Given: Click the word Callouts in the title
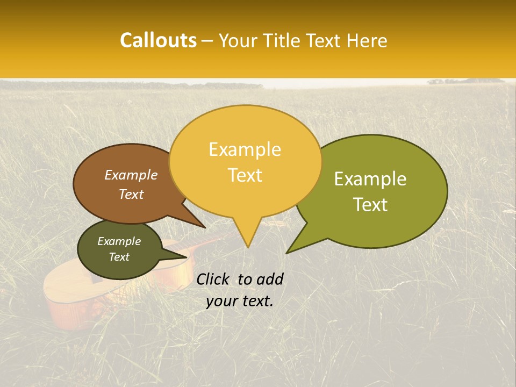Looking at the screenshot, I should pyautogui.click(x=158, y=40).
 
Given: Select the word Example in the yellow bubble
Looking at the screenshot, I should pyautogui.click(x=245, y=149).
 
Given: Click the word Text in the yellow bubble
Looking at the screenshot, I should pyautogui.click(x=245, y=175).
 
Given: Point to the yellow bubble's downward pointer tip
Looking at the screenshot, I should pyautogui.click(x=247, y=247).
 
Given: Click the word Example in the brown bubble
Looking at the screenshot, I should pyautogui.click(x=131, y=175).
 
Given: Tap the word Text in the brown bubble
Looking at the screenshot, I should pyautogui.click(x=131, y=194).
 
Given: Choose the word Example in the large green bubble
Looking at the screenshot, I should pyautogui.click(x=370, y=179).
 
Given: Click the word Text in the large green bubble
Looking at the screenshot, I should pyautogui.click(x=370, y=204).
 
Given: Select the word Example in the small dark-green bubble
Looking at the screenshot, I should pyautogui.click(x=119, y=241).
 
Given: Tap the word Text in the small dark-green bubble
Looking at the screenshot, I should pyautogui.click(x=119, y=257).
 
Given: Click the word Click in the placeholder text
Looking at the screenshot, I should pyautogui.click(x=213, y=279).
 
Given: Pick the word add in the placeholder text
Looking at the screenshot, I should pyautogui.click(x=270, y=279).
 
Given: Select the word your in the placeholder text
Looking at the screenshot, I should pyautogui.click(x=220, y=302).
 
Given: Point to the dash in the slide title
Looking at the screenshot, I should pyautogui.click(x=208, y=41).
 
